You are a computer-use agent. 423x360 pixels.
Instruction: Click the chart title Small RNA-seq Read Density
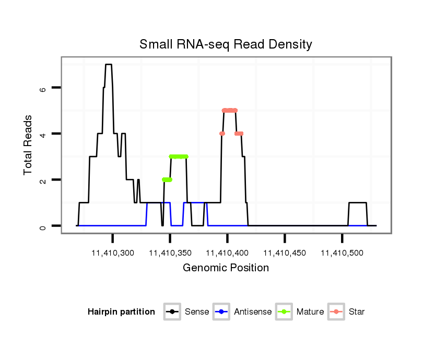click(x=226, y=44)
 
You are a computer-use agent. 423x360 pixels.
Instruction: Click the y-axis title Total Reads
click(x=29, y=145)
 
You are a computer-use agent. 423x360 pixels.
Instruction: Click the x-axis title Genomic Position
click(x=226, y=268)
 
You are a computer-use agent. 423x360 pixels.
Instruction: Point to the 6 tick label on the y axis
click(x=43, y=88)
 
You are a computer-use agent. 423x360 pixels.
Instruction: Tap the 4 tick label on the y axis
click(x=43, y=134)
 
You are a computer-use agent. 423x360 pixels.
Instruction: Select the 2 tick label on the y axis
click(x=43, y=180)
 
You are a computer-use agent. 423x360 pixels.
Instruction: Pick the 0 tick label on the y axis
click(x=43, y=226)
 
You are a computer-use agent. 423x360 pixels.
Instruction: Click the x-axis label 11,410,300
click(x=113, y=253)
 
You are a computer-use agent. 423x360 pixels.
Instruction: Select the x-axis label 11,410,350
click(x=170, y=253)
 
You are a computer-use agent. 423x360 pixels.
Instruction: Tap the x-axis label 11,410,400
click(x=227, y=253)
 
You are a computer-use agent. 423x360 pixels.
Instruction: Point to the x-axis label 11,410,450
click(x=285, y=253)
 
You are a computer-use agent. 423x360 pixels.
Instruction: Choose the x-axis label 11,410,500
click(x=342, y=253)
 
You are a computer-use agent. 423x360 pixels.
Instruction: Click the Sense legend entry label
click(x=197, y=312)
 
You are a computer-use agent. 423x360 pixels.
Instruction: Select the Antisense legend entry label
click(x=253, y=312)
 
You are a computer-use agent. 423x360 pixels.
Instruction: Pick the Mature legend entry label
click(x=310, y=312)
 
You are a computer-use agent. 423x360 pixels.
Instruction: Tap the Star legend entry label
click(x=357, y=312)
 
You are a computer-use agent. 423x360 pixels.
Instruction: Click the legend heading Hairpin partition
click(x=121, y=312)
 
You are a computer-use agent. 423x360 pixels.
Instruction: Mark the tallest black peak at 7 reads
click(x=109, y=65)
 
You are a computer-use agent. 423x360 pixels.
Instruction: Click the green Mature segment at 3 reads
click(x=179, y=157)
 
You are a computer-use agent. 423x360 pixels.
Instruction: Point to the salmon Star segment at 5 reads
click(x=230, y=110)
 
